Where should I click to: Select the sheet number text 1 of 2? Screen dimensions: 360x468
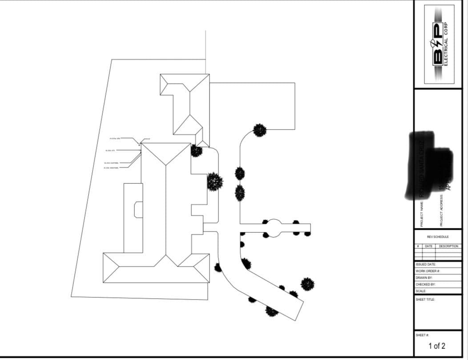436,346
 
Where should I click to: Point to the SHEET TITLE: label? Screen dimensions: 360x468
425,299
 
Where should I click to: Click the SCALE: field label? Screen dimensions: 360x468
421,291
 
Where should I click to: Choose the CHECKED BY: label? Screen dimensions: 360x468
425,284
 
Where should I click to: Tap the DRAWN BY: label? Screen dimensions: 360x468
424,277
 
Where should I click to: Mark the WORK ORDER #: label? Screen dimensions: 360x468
428,271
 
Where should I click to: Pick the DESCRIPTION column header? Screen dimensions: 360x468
448,246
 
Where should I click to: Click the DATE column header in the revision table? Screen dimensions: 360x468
428,246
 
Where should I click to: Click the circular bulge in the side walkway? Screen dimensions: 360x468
274,227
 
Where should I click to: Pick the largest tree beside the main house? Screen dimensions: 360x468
215,182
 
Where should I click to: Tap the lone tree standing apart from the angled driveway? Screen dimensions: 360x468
307,284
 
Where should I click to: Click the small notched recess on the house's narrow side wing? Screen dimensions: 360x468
138,209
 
